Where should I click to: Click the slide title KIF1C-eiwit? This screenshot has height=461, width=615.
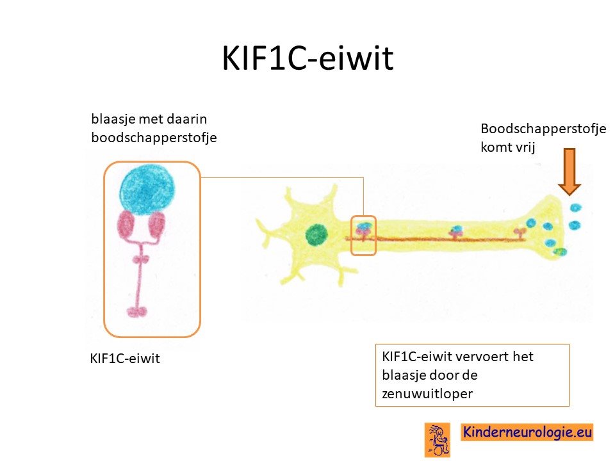point(307,58)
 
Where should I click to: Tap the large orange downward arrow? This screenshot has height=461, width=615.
point(570,172)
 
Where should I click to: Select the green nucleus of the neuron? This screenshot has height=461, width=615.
point(316,234)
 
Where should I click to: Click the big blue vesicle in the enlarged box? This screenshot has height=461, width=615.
point(147,190)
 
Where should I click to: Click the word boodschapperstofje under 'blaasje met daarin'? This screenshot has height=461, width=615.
point(154,138)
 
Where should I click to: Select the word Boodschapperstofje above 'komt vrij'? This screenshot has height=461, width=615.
point(543,129)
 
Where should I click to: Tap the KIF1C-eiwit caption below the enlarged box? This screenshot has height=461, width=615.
point(125,359)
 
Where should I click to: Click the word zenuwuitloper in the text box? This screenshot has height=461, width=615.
point(427,394)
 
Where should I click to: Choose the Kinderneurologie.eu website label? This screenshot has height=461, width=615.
point(527,432)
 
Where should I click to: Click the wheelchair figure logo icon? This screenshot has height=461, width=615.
point(438,440)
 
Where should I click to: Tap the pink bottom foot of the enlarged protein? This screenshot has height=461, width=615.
point(137,312)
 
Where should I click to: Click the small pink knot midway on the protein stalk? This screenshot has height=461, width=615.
point(140,259)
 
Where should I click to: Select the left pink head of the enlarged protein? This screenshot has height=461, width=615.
point(126,226)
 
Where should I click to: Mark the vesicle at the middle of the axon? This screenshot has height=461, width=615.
point(457,229)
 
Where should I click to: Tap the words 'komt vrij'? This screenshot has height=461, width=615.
point(508,148)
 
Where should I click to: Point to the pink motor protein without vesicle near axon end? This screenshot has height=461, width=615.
point(520,233)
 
